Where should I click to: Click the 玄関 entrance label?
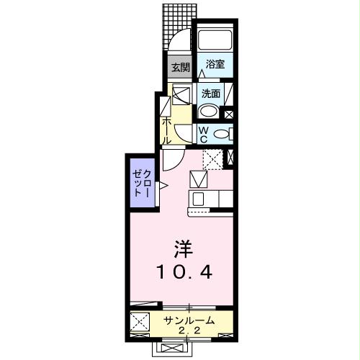pyautogui.click(x=180, y=68)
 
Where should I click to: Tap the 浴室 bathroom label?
pyautogui.click(x=215, y=65)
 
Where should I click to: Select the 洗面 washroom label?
pyautogui.click(x=211, y=93)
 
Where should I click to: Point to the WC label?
pyautogui.click(x=204, y=134)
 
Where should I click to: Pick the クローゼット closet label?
pyautogui.click(x=141, y=184)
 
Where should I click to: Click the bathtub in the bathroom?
pyautogui.click(x=215, y=40)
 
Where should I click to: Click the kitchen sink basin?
pyautogui.click(x=199, y=198)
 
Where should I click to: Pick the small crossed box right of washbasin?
pyautogui.click(x=229, y=112)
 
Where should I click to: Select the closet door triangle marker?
pyautogui.click(x=163, y=186)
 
